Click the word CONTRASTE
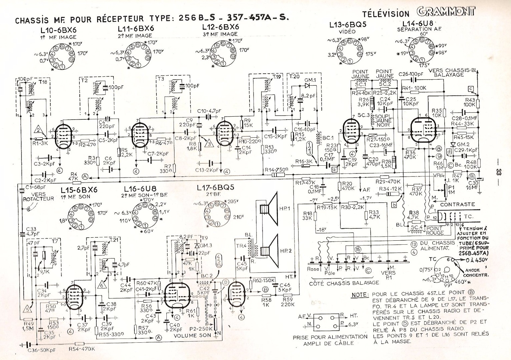click(x=457, y=204)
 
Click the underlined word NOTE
click(x=360, y=295)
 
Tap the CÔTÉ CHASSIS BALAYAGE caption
click(x=344, y=283)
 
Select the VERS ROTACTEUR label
click(x=38, y=197)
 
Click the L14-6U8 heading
click(x=417, y=24)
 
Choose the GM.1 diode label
click(x=310, y=80)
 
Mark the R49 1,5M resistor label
click(x=29, y=326)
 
